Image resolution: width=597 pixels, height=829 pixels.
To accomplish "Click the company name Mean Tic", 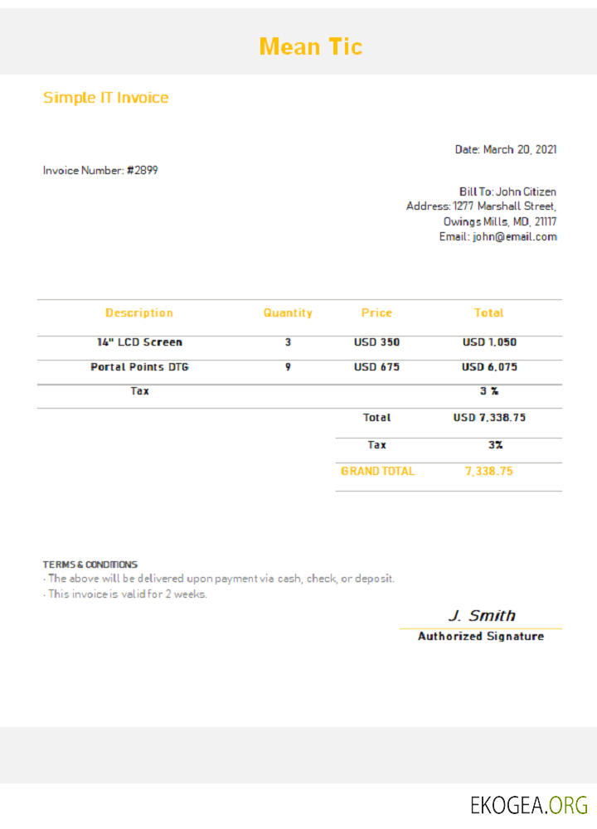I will tap(311, 46).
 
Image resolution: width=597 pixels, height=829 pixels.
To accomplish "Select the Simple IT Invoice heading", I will tap(105, 98).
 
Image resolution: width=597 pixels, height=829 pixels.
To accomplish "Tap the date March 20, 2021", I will tap(519, 150).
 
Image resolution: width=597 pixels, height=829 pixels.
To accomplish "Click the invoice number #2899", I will tap(142, 171).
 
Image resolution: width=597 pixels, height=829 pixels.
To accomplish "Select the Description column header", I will tap(139, 313).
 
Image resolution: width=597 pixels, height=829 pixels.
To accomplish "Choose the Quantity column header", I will tap(288, 313).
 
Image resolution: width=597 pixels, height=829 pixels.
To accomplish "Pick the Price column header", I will tap(376, 313).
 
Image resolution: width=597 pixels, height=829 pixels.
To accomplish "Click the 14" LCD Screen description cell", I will tap(139, 342).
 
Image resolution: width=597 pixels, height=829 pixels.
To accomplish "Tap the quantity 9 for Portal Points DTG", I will tap(288, 366).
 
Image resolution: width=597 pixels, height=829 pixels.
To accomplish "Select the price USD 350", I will tap(376, 342).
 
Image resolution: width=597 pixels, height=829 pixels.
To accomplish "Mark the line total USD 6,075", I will tap(489, 366).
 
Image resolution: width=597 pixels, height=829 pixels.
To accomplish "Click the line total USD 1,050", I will tap(489, 342).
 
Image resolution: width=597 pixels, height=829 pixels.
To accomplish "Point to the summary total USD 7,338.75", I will tap(489, 418).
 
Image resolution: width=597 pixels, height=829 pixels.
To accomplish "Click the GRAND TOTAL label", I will tap(377, 471).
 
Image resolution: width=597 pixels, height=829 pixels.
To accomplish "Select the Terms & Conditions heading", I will tap(90, 565).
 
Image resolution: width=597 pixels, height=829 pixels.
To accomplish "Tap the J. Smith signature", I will tap(481, 616).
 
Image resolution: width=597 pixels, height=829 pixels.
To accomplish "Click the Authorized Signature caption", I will tap(481, 637).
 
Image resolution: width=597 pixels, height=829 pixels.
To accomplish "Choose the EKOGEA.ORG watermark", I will tap(528, 805).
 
